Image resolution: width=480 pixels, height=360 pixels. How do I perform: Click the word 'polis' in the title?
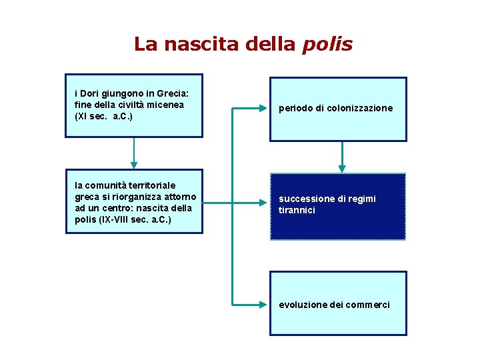point(327,45)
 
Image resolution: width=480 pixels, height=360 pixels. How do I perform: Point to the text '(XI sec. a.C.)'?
point(103,116)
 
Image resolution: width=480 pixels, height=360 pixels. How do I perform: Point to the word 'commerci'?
point(368,305)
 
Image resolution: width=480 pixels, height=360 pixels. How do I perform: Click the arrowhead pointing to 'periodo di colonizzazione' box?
point(263,107)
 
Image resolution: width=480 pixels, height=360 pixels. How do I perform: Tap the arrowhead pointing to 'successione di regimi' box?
point(263,199)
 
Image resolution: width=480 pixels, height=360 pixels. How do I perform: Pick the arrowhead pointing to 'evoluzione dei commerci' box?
point(263,304)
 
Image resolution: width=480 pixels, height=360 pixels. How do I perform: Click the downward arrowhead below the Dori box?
point(134,163)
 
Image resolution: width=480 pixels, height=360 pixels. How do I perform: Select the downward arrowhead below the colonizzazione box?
point(342,168)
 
